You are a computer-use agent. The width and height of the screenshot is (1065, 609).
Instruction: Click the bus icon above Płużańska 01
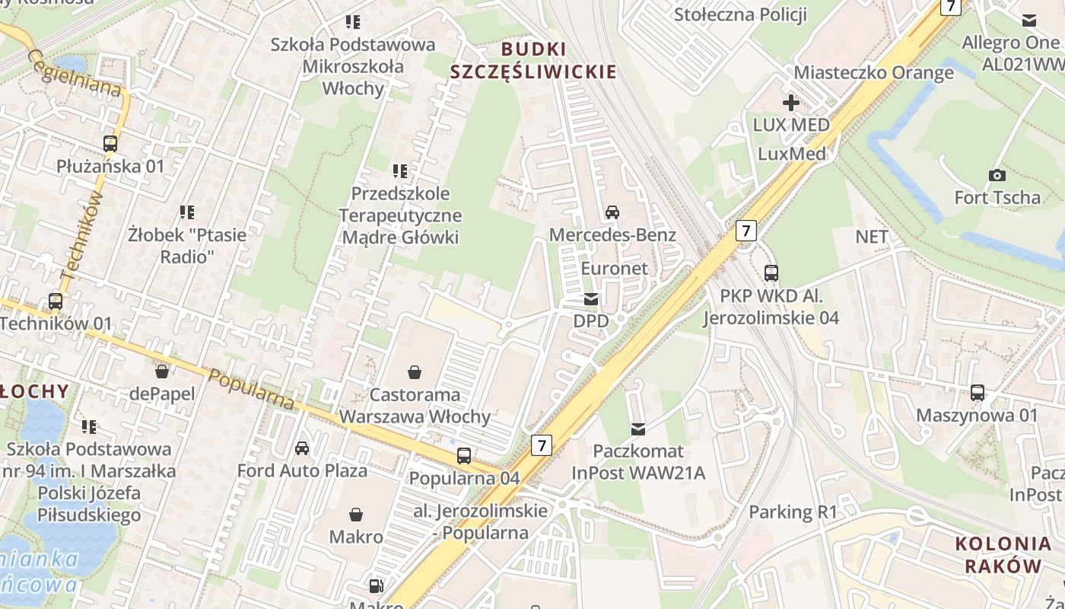pyautogui.click(x=110, y=143)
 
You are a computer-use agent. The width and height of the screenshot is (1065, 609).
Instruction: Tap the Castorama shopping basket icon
pyautogui.click(x=415, y=372)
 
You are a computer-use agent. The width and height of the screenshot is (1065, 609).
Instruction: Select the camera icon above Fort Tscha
pyautogui.click(x=997, y=176)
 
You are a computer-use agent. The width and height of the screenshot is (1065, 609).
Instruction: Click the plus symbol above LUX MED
pyautogui.click(x=790, y=102)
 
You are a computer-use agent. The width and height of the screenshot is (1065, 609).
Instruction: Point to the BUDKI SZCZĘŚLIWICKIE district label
pyautogui.click(x=533, y=61)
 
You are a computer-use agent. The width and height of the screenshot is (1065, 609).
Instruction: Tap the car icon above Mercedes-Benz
pyautogui.click(x=612, y=212)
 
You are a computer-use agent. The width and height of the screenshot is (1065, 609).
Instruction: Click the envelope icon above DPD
pyautogui.click(x=591, y=299)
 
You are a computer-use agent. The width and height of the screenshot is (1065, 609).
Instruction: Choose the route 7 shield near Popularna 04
pyautogui.click(x=540, y=445)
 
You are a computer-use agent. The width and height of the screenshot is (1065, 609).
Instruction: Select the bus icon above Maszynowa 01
pyautogui.click(x=977, y=393)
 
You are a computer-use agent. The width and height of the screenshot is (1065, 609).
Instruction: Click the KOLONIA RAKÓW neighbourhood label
pyautogui.click(x=1003, y=555)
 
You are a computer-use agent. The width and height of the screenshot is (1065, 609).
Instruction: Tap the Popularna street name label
pyautogui.click(x=251, y=389)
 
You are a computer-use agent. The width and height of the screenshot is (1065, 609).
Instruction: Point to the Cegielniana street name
pyautogui.click(x=75, y=72)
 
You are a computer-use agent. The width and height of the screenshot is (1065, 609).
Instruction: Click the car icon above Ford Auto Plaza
pyautogui.click(x=302, y=448)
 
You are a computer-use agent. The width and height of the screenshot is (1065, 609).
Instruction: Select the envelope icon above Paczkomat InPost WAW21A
pyautogui.click(x=637, y=429)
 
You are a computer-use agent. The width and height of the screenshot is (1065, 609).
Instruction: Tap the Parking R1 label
pyautogui.click(x=793, y=512)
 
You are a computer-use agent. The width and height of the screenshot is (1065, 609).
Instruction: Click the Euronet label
pyautogui.click(x=614, y=268)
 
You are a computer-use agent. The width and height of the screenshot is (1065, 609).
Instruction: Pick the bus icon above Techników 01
pyautogui.click(x=56, y=301)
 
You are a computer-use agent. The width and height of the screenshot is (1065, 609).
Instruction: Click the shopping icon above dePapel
pyautogui.click(x=161, y=371)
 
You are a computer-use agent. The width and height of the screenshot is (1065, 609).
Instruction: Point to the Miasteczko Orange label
pyautogui.click(x=873, y=72)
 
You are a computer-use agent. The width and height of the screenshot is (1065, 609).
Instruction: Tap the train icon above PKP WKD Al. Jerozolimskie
pyautogui.click(x=771, y=273)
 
